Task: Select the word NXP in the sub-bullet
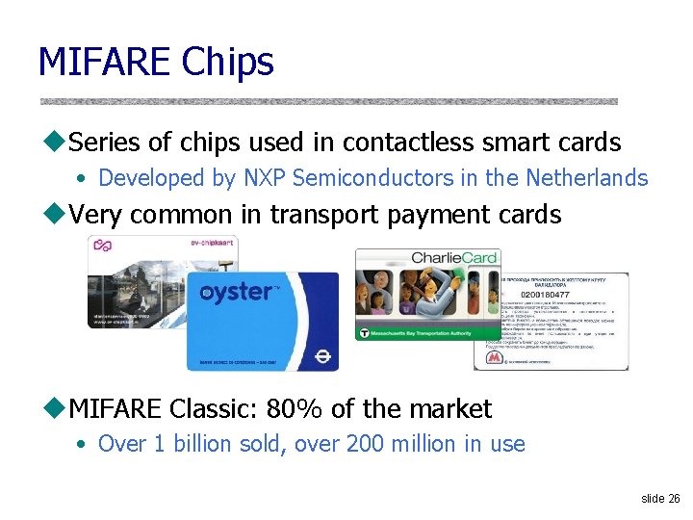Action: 265,178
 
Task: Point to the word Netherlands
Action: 586,178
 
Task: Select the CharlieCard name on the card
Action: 453,257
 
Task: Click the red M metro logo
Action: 494,356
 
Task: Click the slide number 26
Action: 674,499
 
